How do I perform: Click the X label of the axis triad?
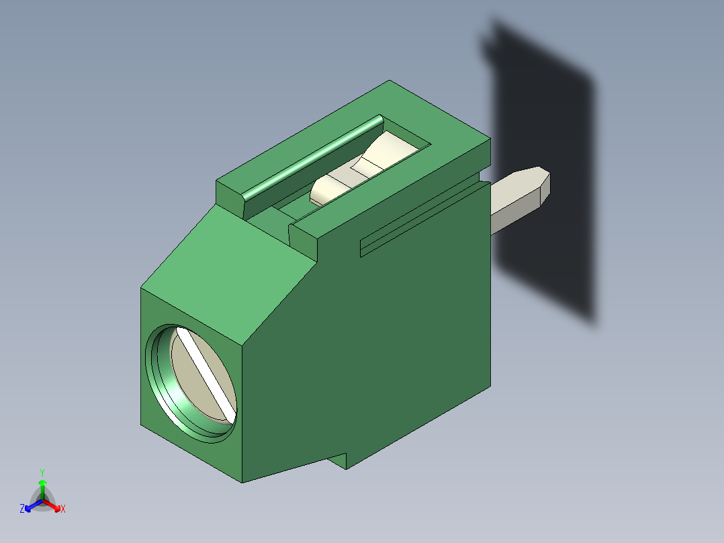click(63, 509)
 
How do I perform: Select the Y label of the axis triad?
click(42, 472)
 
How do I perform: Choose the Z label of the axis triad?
click(22, 509)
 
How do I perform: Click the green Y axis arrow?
click(42, 487)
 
